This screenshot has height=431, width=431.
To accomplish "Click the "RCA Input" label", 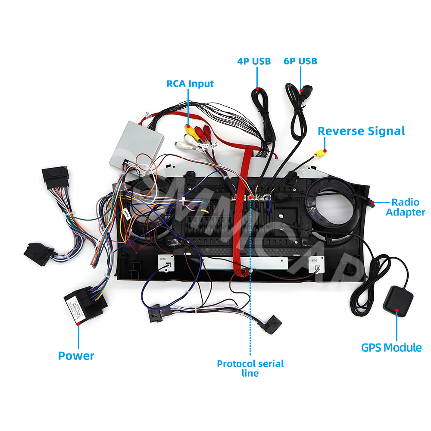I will tap(190, 83).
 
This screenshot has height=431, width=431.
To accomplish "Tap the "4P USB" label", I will tap(254, 61).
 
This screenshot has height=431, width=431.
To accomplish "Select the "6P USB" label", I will tap(300, 61).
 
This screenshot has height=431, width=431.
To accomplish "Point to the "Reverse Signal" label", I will tap(361, 131).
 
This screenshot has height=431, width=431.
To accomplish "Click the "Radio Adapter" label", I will tap(405, 207).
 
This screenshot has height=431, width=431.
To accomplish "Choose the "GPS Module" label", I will tap(391, 347).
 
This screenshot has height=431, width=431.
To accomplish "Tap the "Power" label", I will tap(76, 356).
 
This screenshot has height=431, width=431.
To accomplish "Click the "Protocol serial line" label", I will tap(250, 368).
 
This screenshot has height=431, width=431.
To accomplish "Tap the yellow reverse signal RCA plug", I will tap(320, 153).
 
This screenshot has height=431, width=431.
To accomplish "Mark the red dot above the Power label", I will tap(79, 322).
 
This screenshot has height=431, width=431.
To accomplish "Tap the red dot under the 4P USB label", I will tap(257, 89).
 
